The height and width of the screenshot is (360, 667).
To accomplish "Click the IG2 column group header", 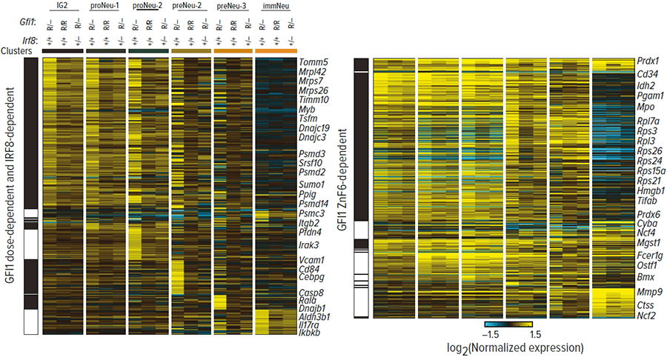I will [x=62, y=5].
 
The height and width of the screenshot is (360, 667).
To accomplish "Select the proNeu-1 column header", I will [x=104, y=5].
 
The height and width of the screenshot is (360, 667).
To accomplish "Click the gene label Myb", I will [x=306, y=109].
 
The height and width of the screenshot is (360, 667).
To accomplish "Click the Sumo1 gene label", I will [x=313, y=183].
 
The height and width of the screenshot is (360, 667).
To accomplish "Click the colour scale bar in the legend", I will [x=508, y=324].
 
